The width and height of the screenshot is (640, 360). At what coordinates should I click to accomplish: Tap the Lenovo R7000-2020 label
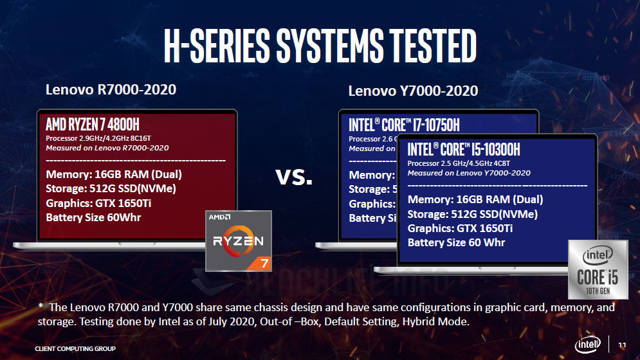pyautogui.click(x=111, y=90)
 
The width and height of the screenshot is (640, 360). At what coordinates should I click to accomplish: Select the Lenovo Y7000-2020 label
pyautogui.click(x=413, y=91)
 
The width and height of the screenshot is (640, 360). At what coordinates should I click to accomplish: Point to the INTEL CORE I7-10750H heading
pyautogui.click(x=405, y=125)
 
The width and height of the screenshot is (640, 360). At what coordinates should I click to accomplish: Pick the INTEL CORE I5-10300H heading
pyautogui.click(x=464, y=150)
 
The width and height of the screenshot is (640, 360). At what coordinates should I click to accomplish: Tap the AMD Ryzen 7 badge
pyautogui.click(x=238, y=240)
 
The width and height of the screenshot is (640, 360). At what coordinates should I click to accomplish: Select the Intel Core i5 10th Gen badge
pyautogui.click(x=598, y=269)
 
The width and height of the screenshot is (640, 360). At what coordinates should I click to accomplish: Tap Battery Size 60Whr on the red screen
pyautogui.click(x=93, y=217)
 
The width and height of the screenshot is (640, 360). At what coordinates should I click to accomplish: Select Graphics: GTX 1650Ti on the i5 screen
pyautogui.click(x=462, y=228)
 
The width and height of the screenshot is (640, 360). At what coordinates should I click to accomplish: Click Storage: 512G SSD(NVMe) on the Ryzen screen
pyautogui.click(x=111, y=189)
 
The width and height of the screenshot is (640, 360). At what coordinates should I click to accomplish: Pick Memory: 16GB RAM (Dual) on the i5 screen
pyautogui.click(x=475, y=199)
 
